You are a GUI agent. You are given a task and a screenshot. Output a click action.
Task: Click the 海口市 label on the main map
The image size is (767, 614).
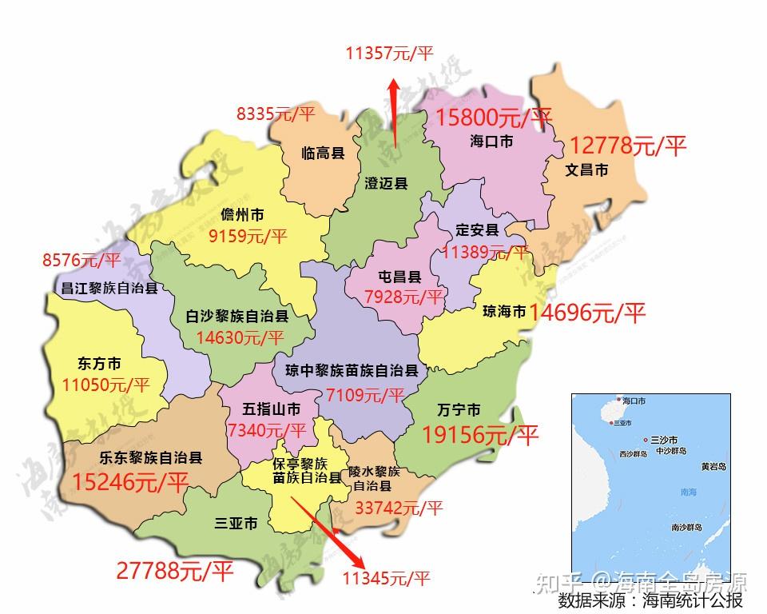491,141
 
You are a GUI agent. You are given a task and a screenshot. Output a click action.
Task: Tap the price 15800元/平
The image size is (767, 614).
494,118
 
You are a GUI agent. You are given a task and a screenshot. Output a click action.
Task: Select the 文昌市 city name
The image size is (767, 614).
587,169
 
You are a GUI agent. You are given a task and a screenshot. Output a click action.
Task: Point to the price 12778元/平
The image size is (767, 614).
628,146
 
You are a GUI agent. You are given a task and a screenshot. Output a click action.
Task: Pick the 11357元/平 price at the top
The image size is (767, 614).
389,54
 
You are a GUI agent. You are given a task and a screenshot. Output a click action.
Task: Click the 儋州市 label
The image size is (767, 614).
242,215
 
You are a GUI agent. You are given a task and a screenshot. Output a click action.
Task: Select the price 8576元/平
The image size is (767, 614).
81,260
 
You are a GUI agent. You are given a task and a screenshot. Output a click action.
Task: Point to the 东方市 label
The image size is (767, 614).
100,363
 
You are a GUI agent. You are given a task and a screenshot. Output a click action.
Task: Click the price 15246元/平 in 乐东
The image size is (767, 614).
130,482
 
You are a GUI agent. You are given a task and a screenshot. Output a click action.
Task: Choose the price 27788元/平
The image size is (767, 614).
174,571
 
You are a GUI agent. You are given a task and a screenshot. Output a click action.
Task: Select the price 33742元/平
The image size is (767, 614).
399,507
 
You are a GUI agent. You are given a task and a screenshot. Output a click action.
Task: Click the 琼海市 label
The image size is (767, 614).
505,311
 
